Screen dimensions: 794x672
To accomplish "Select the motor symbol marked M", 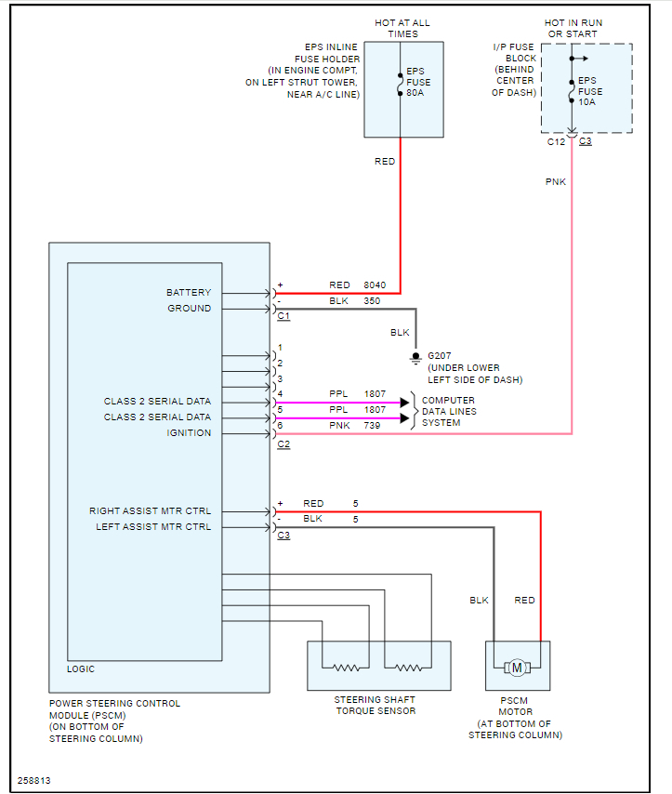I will [x=517, y=666].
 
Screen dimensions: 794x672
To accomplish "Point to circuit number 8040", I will [x=375, y=285].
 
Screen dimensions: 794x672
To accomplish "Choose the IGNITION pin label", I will [x=189, y=433].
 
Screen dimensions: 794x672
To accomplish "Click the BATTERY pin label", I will [x=189, y=293].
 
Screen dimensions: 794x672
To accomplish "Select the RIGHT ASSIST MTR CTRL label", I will [x=150, y=511].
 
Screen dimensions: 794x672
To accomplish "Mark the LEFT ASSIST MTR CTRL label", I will [x=153, y=527].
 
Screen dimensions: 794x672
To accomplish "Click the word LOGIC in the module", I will [x=81, y=669].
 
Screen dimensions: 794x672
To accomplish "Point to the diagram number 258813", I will [x=34, y=780].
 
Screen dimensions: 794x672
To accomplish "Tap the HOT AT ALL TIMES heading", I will [x=403, y=28].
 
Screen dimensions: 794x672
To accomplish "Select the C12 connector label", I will [x=555, y=142].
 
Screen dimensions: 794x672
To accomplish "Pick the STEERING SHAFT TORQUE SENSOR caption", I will [x=375, y=705].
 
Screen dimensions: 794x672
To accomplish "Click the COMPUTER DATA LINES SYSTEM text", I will [x=449, y=411].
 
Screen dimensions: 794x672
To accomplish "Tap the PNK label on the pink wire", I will [x=556, y=182].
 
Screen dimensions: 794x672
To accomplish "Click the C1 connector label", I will [x=283, y=317].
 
